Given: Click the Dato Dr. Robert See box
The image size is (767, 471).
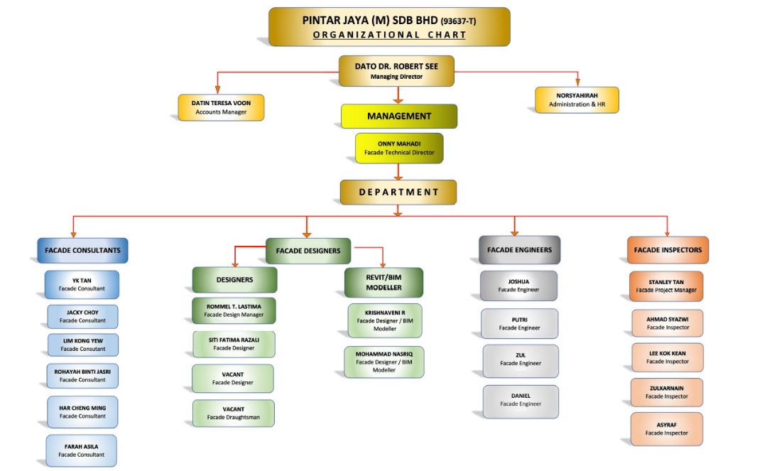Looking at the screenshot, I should click(396, 70).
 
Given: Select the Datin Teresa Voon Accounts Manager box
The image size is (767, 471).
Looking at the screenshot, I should click(220, 107).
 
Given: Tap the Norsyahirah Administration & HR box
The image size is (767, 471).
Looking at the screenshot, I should click(577, 99).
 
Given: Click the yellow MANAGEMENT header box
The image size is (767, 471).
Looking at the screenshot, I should click(398, 116).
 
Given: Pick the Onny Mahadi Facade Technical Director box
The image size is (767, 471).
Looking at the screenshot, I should click(398, 148).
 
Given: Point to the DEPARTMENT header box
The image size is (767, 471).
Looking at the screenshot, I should click(398, 192).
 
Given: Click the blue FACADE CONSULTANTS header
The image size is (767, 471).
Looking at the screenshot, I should click(82, 250).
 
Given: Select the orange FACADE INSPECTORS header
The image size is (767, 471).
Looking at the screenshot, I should click(667, 250).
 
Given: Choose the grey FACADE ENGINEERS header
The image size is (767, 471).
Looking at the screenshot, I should click(519, 250).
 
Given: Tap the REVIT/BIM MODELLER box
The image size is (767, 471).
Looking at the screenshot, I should click(383, 282).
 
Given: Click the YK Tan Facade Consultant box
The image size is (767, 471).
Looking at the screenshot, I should click(82, 284).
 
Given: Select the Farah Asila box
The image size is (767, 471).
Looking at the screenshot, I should click(82, 450).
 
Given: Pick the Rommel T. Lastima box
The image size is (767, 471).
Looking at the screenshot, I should click(234, 310).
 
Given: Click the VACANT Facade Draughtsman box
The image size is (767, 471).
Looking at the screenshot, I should click(233, 413).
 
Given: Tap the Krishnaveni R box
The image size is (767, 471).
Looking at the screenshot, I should click(385, 320).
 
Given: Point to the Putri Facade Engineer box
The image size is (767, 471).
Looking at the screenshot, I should click(519, 323).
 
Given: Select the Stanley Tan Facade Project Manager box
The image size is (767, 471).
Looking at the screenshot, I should click(665, 286).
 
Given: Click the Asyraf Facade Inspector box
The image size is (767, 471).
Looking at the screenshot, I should click(666, 428).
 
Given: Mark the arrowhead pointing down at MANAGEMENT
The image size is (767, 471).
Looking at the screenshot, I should click(398, 100).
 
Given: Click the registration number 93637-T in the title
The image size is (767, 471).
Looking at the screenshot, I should click(459, 21).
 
